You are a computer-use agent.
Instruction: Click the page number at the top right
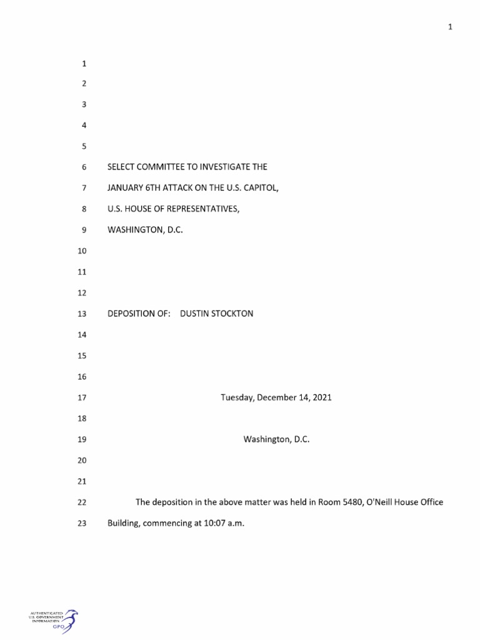click(450, 26)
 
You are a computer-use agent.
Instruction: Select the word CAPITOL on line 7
click(259, 187)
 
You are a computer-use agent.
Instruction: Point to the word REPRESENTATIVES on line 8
click(204, 209)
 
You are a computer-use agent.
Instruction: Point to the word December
click(275, 397)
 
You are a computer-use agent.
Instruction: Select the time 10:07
click(213, 523)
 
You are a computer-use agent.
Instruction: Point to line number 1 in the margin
click(83, 64)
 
